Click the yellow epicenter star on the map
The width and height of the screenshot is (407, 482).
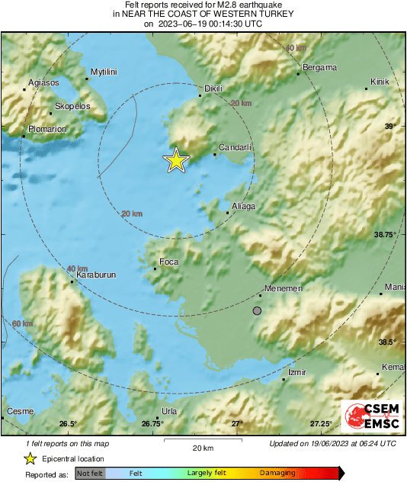coord(176,160)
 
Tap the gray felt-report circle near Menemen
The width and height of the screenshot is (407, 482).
coord(257,310)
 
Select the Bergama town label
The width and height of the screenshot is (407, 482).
coord(319,67)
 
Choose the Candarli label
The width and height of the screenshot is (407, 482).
coord(235,146)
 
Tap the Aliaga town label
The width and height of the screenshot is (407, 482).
coord(242,206)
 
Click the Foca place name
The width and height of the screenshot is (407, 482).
coord(168,262)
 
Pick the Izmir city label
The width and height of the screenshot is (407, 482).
coord(296,372)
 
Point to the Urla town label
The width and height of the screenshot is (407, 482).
coord(169,410)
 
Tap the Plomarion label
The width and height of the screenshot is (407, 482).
coord(47,129)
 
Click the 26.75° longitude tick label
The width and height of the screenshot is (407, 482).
coord(152,423)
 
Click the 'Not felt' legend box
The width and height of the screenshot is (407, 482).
coord(91,474)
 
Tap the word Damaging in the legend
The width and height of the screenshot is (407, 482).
coord(277,474)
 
